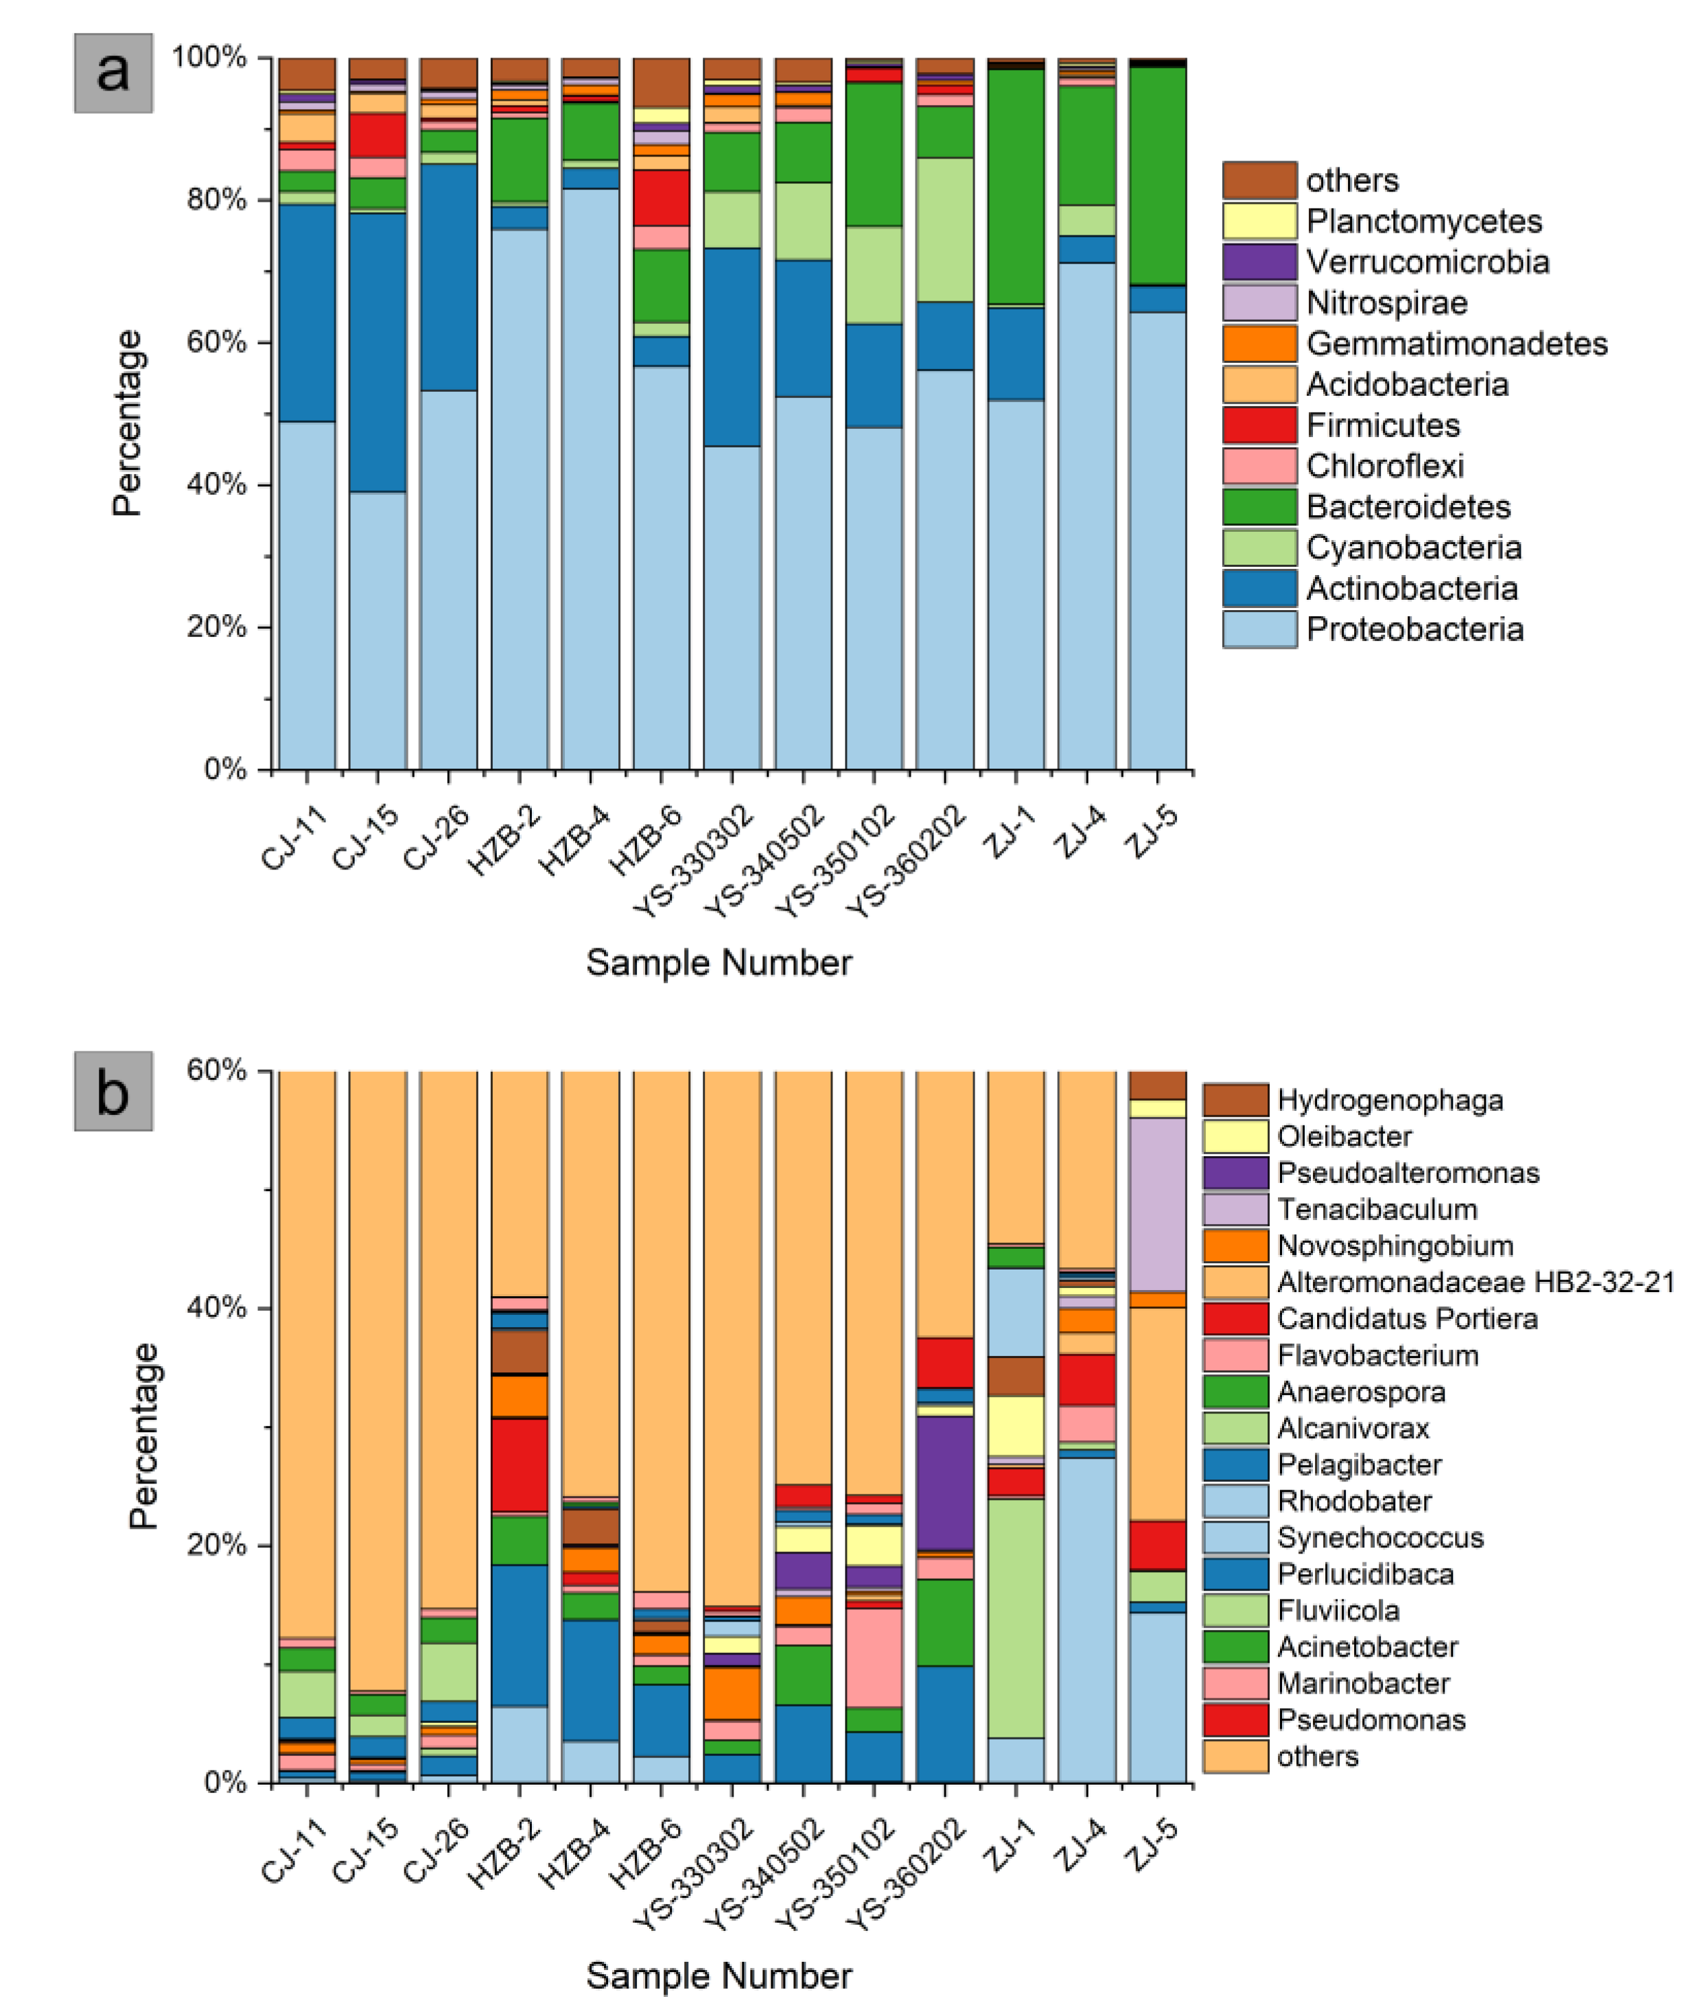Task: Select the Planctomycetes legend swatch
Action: [1259, 221]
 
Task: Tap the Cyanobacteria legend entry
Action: [1414, 548]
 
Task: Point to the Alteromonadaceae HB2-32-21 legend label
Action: [1474, 1282]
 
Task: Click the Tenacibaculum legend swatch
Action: [1235, 1209]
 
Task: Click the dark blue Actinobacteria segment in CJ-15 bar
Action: [377, 352]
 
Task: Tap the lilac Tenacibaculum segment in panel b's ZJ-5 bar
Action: [1156, 1204]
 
